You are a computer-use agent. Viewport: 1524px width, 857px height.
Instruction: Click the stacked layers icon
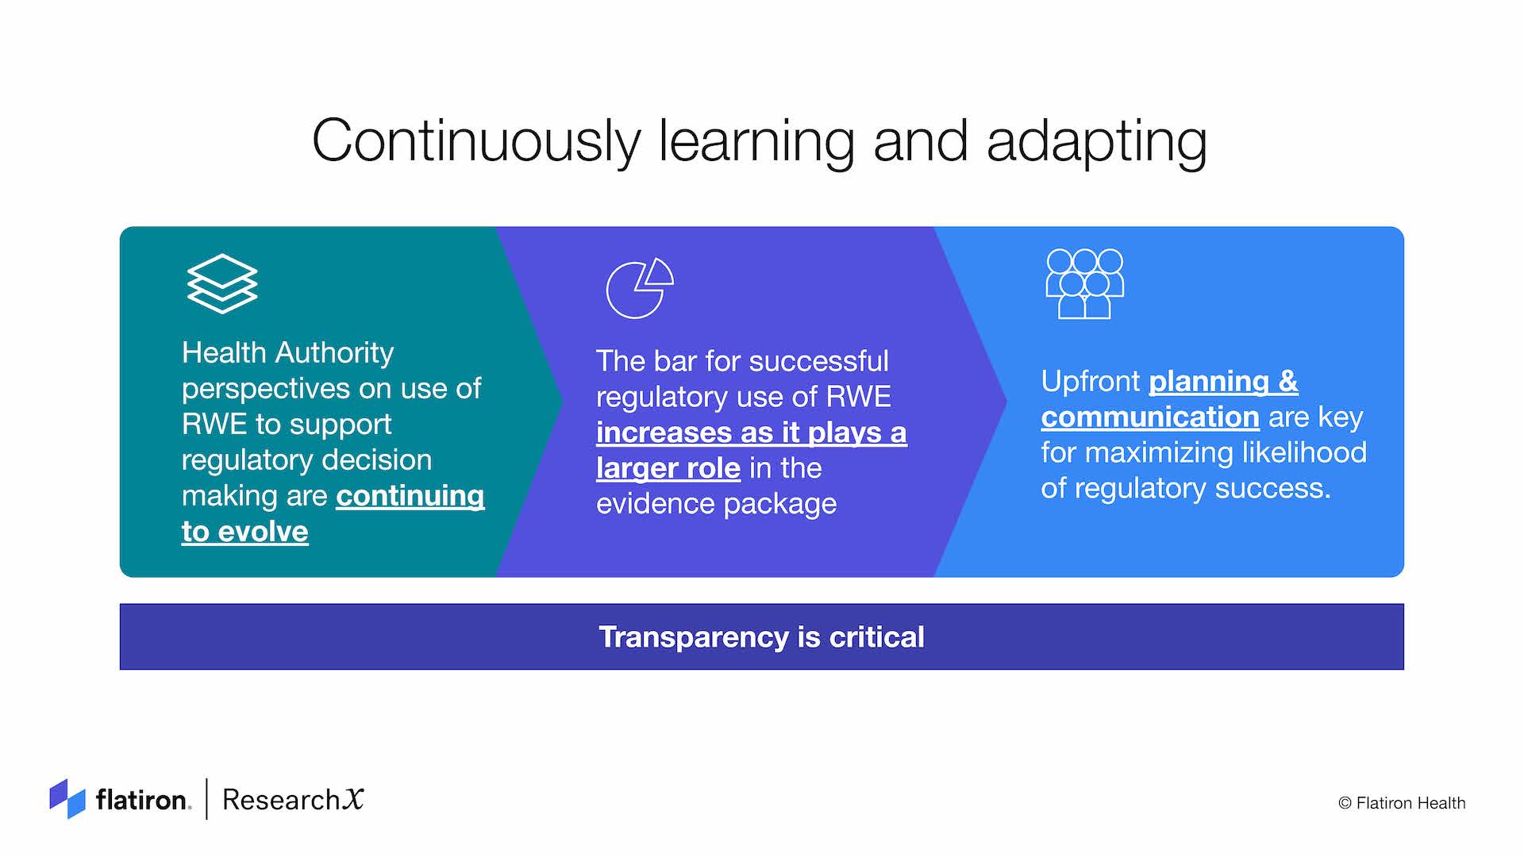tap(222, 283)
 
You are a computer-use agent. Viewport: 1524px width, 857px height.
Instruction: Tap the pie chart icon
tap(640, 288)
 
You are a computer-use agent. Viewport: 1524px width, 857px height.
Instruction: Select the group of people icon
tap(1084, 284)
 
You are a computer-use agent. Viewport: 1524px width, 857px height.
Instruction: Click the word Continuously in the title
tap(476, 141)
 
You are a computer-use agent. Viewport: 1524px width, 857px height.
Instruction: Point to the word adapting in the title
tap(1096, 143)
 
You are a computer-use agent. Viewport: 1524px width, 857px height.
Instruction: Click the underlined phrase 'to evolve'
tap(244, 532)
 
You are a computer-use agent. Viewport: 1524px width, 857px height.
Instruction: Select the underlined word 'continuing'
tap(410, 497)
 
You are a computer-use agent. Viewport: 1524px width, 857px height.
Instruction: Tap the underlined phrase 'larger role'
tap(668, 468)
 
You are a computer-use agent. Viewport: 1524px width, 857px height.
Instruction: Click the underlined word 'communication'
tap(1150, 417)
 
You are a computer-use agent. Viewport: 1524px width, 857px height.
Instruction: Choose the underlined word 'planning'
tap(1209, 382)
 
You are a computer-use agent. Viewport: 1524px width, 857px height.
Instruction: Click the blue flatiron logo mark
tap(67, 798)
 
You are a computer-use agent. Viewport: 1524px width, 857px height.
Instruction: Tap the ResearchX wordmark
tap(293, 799)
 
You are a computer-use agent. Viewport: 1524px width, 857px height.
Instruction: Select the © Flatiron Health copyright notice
tap(1402, 803)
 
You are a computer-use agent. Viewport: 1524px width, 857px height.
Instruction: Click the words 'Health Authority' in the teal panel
tap(287, 353)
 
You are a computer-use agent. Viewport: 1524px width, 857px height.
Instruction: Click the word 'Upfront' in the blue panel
tap(1091, 382)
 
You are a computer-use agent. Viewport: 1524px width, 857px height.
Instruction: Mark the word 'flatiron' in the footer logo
tap(143, 800)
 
